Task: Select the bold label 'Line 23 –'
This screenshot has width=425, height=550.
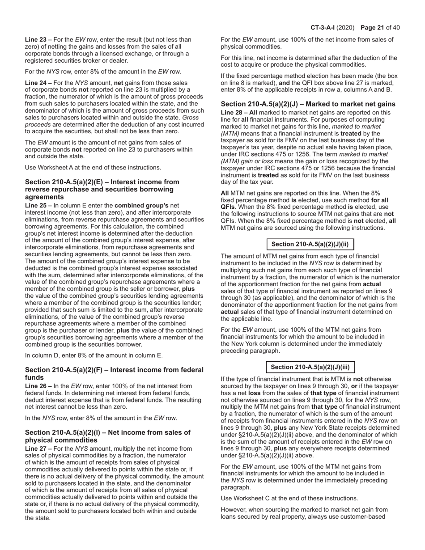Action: [x=38, y=39]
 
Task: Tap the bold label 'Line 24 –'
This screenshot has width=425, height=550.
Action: [x=38, y=83]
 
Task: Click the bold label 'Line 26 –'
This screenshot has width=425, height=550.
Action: [x=38, y=386]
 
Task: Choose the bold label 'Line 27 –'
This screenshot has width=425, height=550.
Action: [x=38, y=448]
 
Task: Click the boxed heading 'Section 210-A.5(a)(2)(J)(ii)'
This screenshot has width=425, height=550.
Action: [x=310, y=244]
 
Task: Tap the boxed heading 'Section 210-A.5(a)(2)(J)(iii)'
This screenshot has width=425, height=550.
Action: [x=310, y=367]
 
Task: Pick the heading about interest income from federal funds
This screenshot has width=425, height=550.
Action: [x=114, y=373]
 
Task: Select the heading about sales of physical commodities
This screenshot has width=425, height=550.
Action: [x=107, y=436]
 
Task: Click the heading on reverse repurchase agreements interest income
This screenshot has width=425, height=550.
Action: [x=102, y=189]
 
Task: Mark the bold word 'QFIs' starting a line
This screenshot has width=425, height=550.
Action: [x=229, y=214]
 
